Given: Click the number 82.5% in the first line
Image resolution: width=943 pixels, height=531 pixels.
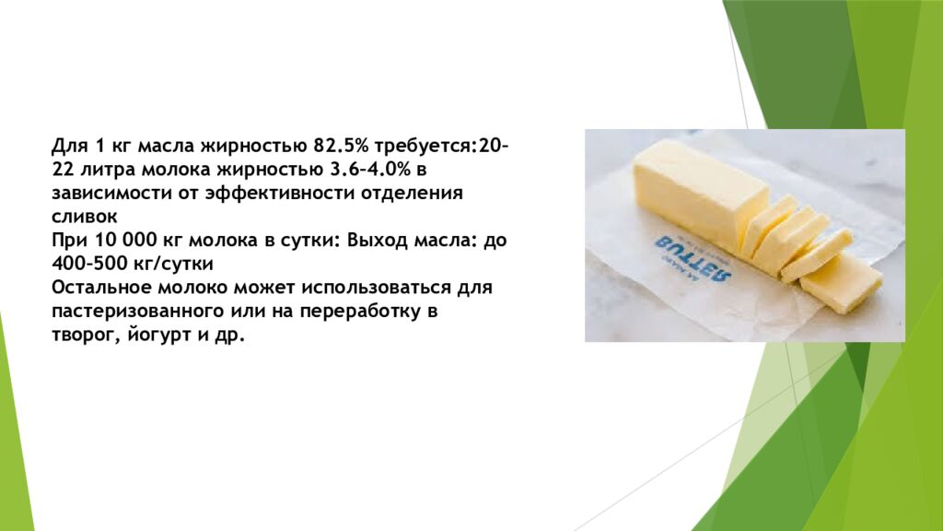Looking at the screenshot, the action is [340, 147].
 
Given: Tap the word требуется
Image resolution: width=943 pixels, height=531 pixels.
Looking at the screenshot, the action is [424, 147].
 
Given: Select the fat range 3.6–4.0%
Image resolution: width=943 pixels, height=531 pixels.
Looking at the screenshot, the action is [370, 170].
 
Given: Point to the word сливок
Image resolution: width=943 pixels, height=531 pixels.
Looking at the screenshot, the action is [84, 217].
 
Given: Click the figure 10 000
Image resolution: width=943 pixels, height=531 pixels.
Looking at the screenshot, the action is [125, 241].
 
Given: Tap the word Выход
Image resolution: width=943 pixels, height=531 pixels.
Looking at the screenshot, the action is [378, 241].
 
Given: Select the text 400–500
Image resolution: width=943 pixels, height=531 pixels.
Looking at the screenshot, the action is [89, 264].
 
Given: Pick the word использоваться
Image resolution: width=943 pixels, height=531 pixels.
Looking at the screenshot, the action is [376, 288].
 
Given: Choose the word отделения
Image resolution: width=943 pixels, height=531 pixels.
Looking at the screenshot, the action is [412, 195].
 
